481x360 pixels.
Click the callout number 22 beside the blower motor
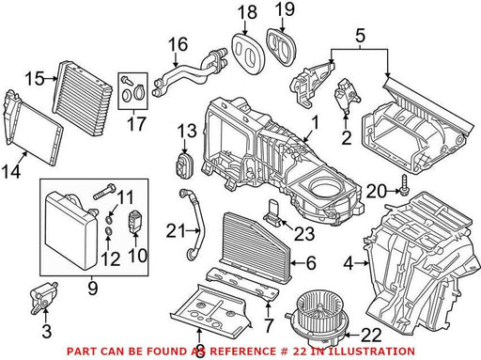point(372,335)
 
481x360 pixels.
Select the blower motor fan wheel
point(317,317)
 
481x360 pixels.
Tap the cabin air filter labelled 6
point(256,247)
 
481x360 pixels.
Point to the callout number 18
point(247,13)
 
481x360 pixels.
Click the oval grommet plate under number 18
point(248,53)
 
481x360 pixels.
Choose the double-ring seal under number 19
point(281,47)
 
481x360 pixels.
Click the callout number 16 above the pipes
point(178,44)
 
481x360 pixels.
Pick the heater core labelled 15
point(82,98)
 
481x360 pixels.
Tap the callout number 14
point(11,172)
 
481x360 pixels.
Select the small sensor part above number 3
point(43,297)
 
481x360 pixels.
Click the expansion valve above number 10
point(134,222)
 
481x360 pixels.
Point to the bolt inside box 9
point(104,192)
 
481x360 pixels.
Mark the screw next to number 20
point(403,184)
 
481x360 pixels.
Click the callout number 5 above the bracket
point(361,36)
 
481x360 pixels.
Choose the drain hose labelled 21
point(192,225)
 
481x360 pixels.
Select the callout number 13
point(187,131)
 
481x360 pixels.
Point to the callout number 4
point(349,263)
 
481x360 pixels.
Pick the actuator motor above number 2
point(347,95)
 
